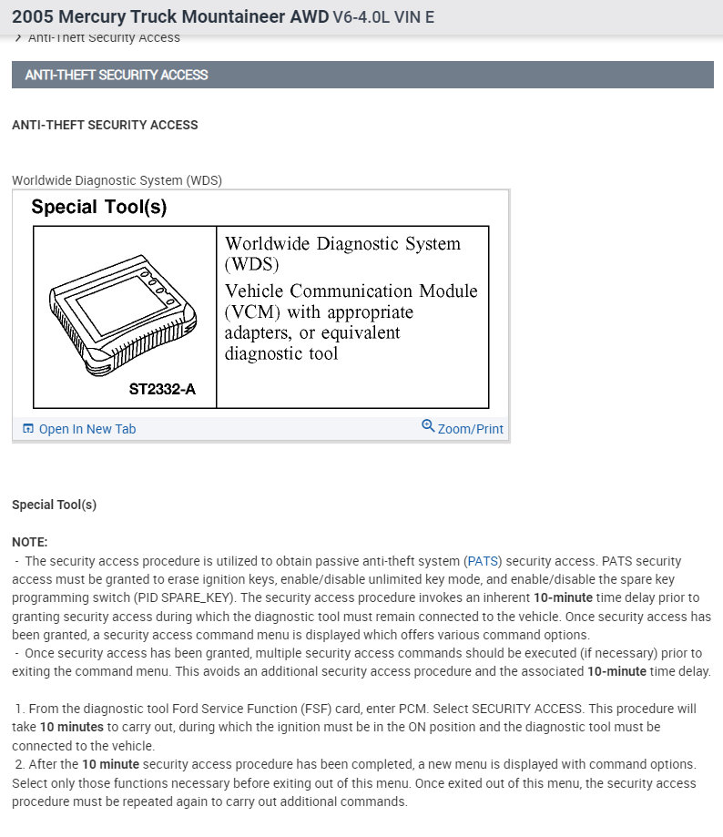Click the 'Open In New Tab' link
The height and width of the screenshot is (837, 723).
coord(87,429)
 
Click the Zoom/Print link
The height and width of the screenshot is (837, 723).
coord(470,429)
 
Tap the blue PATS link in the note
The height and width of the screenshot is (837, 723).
coord(484,561)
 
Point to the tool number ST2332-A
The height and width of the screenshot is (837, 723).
coord(161,390)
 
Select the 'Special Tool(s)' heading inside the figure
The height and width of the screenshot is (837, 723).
coord(98,207)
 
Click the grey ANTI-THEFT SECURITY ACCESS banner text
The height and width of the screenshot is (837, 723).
coord(117,75)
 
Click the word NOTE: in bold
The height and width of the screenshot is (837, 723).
coord(30,542)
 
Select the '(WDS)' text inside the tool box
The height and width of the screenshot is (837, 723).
coord(251,265)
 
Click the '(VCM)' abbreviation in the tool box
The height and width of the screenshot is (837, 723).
coord(252,311)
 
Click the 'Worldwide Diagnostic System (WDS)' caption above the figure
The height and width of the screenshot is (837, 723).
coord(117,180)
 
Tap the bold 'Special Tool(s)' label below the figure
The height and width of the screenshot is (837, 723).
coord(54,505)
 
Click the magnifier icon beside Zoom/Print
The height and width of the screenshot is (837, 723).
coord(428,426)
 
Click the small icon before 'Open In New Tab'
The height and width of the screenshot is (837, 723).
coord(28,429)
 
